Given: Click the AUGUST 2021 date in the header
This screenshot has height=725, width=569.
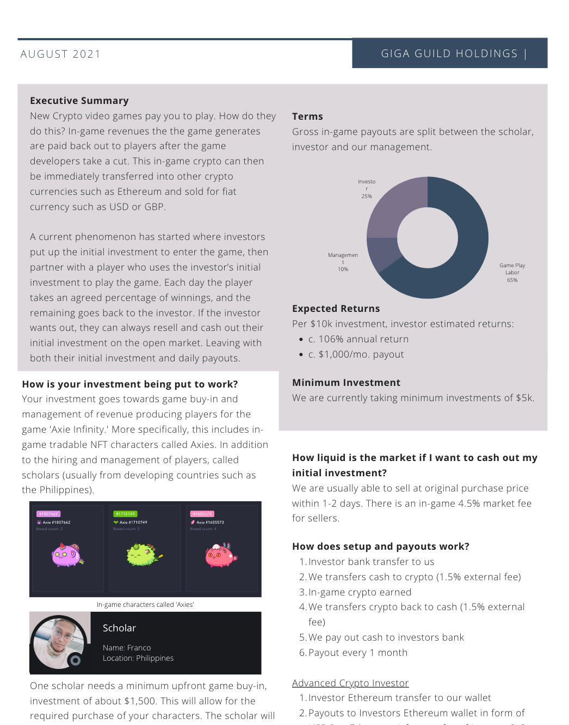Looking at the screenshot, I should click(60, 54).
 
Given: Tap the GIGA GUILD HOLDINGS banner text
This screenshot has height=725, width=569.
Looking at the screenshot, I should click(449, 53).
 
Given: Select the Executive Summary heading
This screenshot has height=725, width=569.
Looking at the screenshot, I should click(79, 101).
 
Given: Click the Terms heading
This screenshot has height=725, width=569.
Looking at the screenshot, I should click(307, 116).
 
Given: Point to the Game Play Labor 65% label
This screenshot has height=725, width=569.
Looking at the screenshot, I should click(512, 273).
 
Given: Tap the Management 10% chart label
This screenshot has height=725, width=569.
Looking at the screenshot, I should click(343, 262).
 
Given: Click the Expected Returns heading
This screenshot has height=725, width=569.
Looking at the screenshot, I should click(336, 309).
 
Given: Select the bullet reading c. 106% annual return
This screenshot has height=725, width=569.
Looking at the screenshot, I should click(358, 339).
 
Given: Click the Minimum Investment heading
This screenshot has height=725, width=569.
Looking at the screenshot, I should click(346, 383).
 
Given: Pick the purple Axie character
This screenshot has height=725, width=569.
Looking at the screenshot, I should click(67, 555).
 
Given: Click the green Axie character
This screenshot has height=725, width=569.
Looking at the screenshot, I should click(143, 555).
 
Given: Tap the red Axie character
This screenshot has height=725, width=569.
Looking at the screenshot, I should click(220, 555).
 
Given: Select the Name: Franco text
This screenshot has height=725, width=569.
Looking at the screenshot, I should click(127, 648).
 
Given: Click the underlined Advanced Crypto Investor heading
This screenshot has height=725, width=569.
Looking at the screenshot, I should click(350, 683).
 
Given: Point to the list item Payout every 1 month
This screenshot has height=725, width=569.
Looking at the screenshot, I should click(357, 653).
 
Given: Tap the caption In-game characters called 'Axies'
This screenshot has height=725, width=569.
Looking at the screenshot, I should click(145, 605).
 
